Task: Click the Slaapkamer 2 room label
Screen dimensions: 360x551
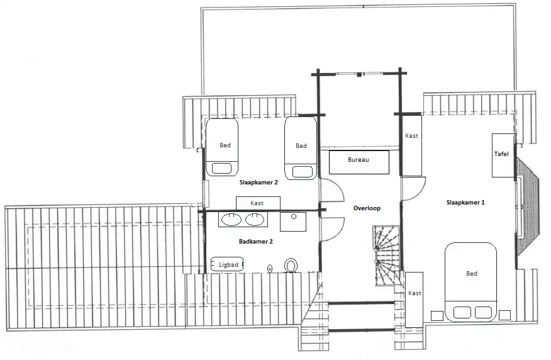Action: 259,183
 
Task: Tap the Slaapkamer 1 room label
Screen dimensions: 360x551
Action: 465,203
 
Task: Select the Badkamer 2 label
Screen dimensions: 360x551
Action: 255,241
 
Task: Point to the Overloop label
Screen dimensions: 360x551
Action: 367,208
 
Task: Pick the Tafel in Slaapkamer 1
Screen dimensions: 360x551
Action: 502,155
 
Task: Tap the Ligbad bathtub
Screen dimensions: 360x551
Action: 227,265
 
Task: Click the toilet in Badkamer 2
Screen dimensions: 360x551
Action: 291,266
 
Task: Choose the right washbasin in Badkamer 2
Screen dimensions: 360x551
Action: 255,220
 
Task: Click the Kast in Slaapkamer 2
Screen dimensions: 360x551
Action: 257,203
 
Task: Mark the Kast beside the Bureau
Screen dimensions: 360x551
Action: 411,145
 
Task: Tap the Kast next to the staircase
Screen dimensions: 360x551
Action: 414,299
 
